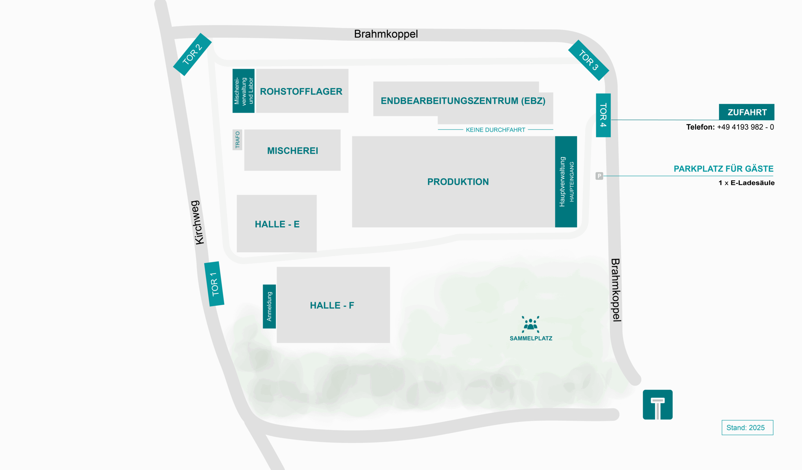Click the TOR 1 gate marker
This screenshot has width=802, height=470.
coord(214,284)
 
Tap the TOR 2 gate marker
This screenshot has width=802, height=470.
coord(192,55)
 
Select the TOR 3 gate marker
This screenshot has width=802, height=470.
coord(588,60)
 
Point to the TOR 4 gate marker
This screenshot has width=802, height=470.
coord(603,115)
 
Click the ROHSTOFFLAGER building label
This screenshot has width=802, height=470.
coord(301,92)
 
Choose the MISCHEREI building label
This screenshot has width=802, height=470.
coord(293,151)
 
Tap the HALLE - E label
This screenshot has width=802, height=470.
coord(277,224)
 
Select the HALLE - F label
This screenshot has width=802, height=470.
coord(332,305)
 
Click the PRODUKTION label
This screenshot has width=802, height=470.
coord(458,182)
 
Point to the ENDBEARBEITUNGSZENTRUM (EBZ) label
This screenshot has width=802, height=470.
coord(463,101)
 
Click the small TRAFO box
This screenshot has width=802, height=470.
coord(237,140)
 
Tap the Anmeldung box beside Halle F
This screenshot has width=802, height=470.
coord(269,306)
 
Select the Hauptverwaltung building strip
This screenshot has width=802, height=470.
coord(565,182)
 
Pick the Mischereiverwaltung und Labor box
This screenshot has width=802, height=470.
coord(243,91)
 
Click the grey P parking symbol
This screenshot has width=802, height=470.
coord(599,176)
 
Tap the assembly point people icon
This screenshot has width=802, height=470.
coord(530,324)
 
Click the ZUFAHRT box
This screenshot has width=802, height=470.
coord(746,112)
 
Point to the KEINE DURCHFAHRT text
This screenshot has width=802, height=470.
coord(495,130)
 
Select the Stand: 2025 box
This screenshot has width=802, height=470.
coord(747,427)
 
